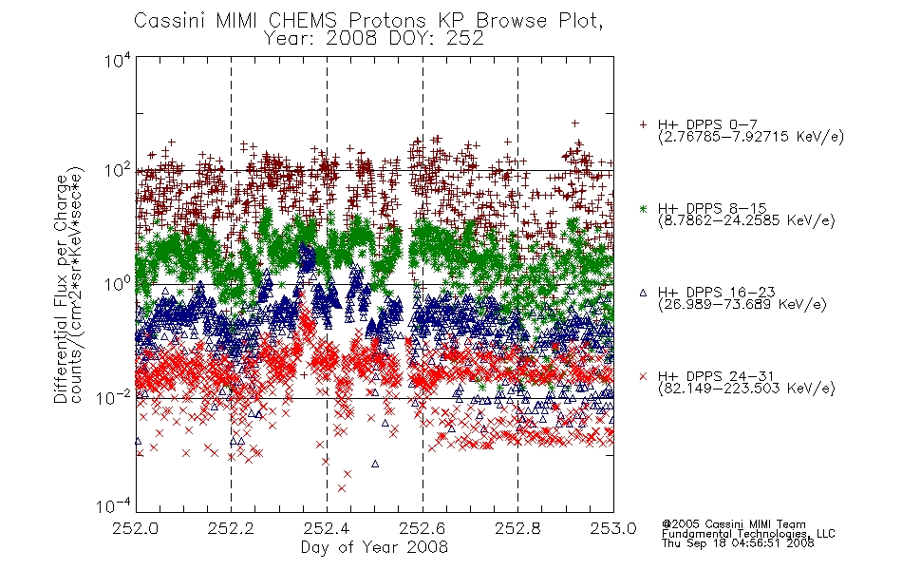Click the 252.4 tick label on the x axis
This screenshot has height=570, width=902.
[327, 528]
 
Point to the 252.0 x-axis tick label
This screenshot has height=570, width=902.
[135, 528]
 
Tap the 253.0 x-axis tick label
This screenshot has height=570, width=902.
[613, 528]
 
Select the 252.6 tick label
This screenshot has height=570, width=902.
[423, 528]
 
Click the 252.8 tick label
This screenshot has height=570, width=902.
[517, 528]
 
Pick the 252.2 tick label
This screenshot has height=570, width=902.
[231, 528]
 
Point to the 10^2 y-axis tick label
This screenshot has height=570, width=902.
[117, 171]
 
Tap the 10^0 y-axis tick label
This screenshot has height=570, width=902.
[117, 284]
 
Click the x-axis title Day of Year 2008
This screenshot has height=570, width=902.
[374, 547]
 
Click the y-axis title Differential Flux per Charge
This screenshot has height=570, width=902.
[61, 289]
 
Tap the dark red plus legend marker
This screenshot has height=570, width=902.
[643, 124]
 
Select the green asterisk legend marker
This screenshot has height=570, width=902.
[643, 208]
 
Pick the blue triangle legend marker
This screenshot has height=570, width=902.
[643, 293]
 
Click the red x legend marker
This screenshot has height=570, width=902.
[643, 376]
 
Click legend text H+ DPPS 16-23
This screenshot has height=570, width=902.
[716, 292]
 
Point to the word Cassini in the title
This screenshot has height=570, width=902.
[169, 21]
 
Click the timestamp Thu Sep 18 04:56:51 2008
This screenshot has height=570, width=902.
[738, 543]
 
